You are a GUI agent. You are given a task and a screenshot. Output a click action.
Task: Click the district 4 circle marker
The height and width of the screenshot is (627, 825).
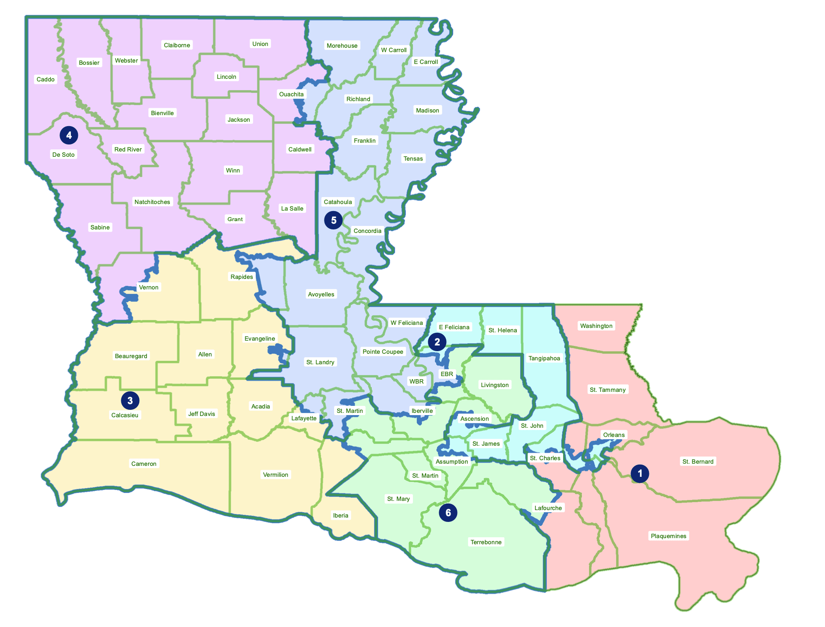point(69,135)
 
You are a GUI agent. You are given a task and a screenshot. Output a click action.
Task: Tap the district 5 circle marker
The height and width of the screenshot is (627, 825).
point(333,220)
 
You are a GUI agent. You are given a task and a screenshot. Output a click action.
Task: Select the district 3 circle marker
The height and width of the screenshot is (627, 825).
point(130,400)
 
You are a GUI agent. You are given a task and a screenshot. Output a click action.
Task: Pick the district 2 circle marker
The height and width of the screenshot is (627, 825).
point(437,342)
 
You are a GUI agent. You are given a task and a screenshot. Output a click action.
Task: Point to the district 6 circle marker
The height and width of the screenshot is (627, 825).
point(448,513)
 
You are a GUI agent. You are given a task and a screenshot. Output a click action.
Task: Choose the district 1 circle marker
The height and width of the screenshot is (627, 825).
point(640,473)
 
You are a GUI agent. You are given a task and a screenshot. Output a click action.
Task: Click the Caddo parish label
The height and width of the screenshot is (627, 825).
point(46,79)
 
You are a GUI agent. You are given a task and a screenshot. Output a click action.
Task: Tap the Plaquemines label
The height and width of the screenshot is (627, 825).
point(668,536)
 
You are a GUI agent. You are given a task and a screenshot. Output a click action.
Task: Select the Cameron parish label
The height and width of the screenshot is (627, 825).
point(144,464)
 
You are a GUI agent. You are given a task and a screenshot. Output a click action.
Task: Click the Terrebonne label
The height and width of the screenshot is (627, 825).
point(486,542)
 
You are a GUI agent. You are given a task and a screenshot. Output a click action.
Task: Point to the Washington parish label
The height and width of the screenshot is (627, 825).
point(596,326)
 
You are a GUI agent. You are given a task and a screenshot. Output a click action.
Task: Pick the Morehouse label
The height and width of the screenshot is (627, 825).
point(342,46)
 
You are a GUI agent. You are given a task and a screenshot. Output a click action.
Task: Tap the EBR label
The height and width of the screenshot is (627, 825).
point(447,374)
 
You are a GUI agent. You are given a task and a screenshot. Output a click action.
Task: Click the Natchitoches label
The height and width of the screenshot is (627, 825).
point(152,202)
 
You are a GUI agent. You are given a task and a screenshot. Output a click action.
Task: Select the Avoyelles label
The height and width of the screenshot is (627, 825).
point(321,294)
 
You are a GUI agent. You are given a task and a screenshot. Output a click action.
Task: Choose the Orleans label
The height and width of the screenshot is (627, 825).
point(613,435)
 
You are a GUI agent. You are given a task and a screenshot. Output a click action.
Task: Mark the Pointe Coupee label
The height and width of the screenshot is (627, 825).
point(383,352)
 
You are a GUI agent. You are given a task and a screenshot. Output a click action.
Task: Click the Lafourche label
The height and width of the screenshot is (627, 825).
point(548,508)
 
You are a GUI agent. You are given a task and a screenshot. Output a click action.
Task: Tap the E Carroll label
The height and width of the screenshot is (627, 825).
point(426,62)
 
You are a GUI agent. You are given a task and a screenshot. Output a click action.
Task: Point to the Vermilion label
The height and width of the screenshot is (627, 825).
point(275,475)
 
